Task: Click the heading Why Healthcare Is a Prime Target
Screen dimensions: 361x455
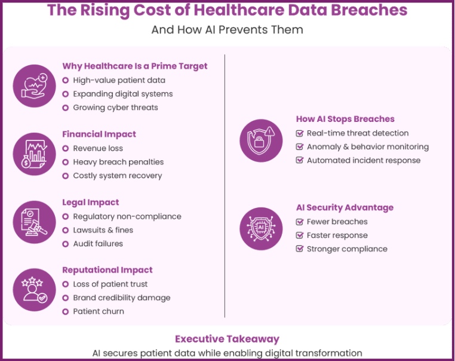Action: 135,66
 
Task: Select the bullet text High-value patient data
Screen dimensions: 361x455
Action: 119,80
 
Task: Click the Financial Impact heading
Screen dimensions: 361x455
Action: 99,134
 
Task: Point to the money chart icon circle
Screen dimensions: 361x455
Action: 34,154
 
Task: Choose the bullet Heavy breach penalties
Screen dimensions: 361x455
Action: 118,162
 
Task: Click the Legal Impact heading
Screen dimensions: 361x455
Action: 91,203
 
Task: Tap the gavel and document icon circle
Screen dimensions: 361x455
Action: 34,222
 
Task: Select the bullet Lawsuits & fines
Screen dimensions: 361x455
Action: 103,230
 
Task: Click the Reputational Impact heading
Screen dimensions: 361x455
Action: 107,270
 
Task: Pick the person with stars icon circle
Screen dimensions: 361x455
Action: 34,290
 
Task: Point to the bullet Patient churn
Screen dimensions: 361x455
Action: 99,311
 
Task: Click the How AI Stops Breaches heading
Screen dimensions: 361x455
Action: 345,119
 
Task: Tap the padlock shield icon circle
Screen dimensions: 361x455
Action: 261,140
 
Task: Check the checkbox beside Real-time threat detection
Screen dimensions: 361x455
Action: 300,133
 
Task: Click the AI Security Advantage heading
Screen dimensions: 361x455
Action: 345,208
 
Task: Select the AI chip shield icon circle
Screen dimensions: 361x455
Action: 261,229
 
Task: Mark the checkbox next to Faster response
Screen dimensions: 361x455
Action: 300,235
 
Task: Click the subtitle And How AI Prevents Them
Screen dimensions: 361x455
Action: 227,29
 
